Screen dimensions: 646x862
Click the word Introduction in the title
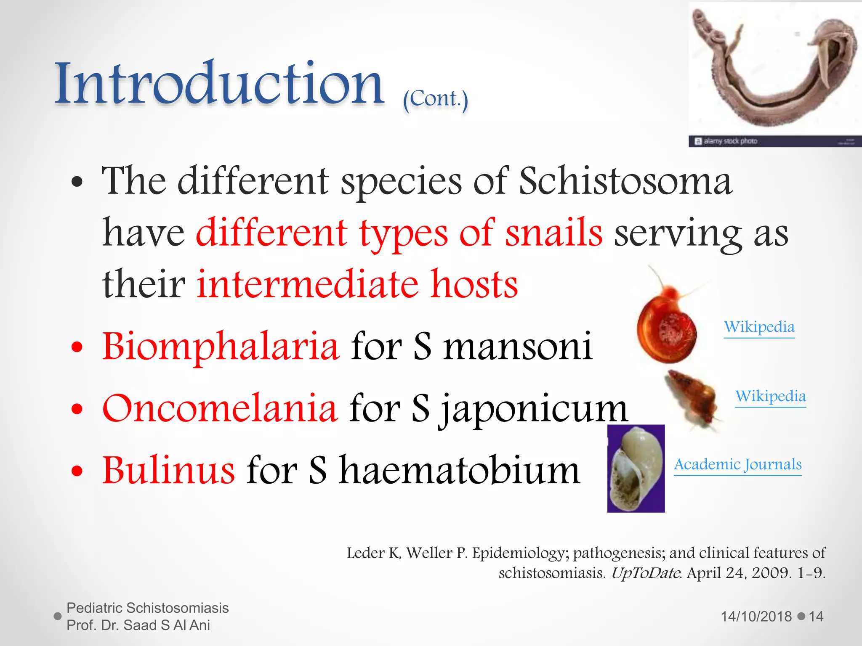pyautogui.click(x=219, y=84)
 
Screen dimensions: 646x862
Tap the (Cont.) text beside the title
pyautogui.click(x=435, y=99)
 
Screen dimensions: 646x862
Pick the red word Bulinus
pyautogui.click(x=168, y=470)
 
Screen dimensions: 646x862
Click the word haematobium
pyautogui.click(x=460, y=470)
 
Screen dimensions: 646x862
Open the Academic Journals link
pyautogui.click(x=737, y=465)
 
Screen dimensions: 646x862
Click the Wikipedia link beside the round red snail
pyautogui.click(x=759, y=327)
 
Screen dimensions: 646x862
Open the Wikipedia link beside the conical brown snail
pyautogui.click(x=770, y=396)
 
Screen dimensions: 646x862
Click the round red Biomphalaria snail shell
pyautogui.click(x=667, y=332)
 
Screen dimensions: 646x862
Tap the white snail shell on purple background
pyautogui.click(x=636, y=469)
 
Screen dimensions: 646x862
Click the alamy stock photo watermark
pyautogui.click(x=730, y=141)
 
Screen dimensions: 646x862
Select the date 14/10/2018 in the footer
pyautogui.click(x=756, y=617)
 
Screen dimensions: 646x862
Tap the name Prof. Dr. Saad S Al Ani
pyautogui.click(x=138, y=625)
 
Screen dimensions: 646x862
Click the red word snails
pyautogui.click(x=553, y=233)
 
